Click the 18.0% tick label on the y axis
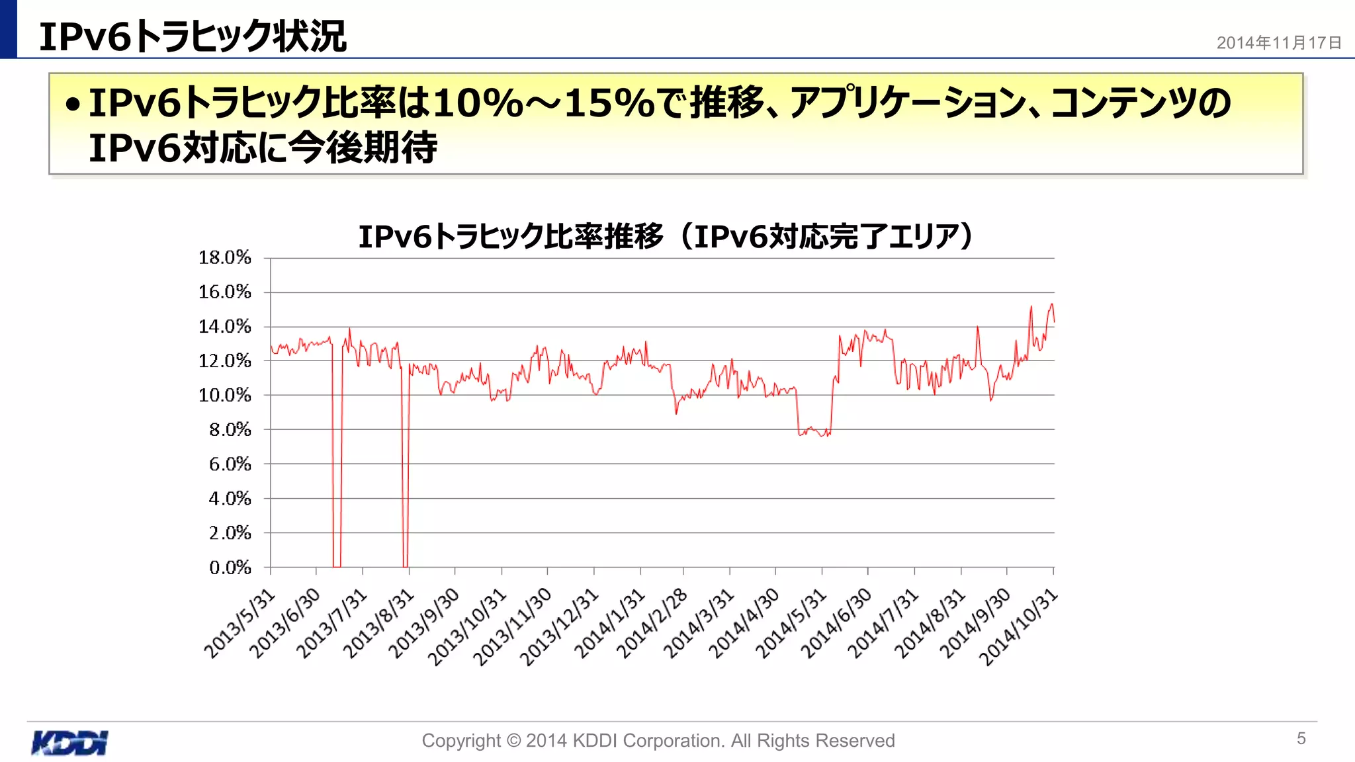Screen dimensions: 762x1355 (x=225, y=257)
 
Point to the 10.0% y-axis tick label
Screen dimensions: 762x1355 (x=225, y=395)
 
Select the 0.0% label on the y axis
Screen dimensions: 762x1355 (x=230, y=567)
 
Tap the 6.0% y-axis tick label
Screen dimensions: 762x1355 (x=230, y=464)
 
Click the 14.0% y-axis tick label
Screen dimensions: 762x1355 (x=225, y=326)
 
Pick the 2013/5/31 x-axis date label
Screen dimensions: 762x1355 (x=239, y=624)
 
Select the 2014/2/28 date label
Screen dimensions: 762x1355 (x=652, y=624)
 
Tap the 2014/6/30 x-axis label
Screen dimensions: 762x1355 (x=836, y=624)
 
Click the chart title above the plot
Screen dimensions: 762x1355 (x=666, y=236)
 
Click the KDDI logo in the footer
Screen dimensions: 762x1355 (x=69, y=742)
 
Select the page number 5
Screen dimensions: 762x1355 (x=1301, y=738)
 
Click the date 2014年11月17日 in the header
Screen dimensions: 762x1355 (x=1279, y=43)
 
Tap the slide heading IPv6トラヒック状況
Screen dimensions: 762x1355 (x=193, y=36)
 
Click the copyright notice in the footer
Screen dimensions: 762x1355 (x=658, y=740)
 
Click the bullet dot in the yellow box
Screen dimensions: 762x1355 (x=73, y=104)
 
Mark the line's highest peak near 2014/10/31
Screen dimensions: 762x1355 (x=1051, y=304)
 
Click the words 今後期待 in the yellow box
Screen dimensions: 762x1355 (x=363, y=147)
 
